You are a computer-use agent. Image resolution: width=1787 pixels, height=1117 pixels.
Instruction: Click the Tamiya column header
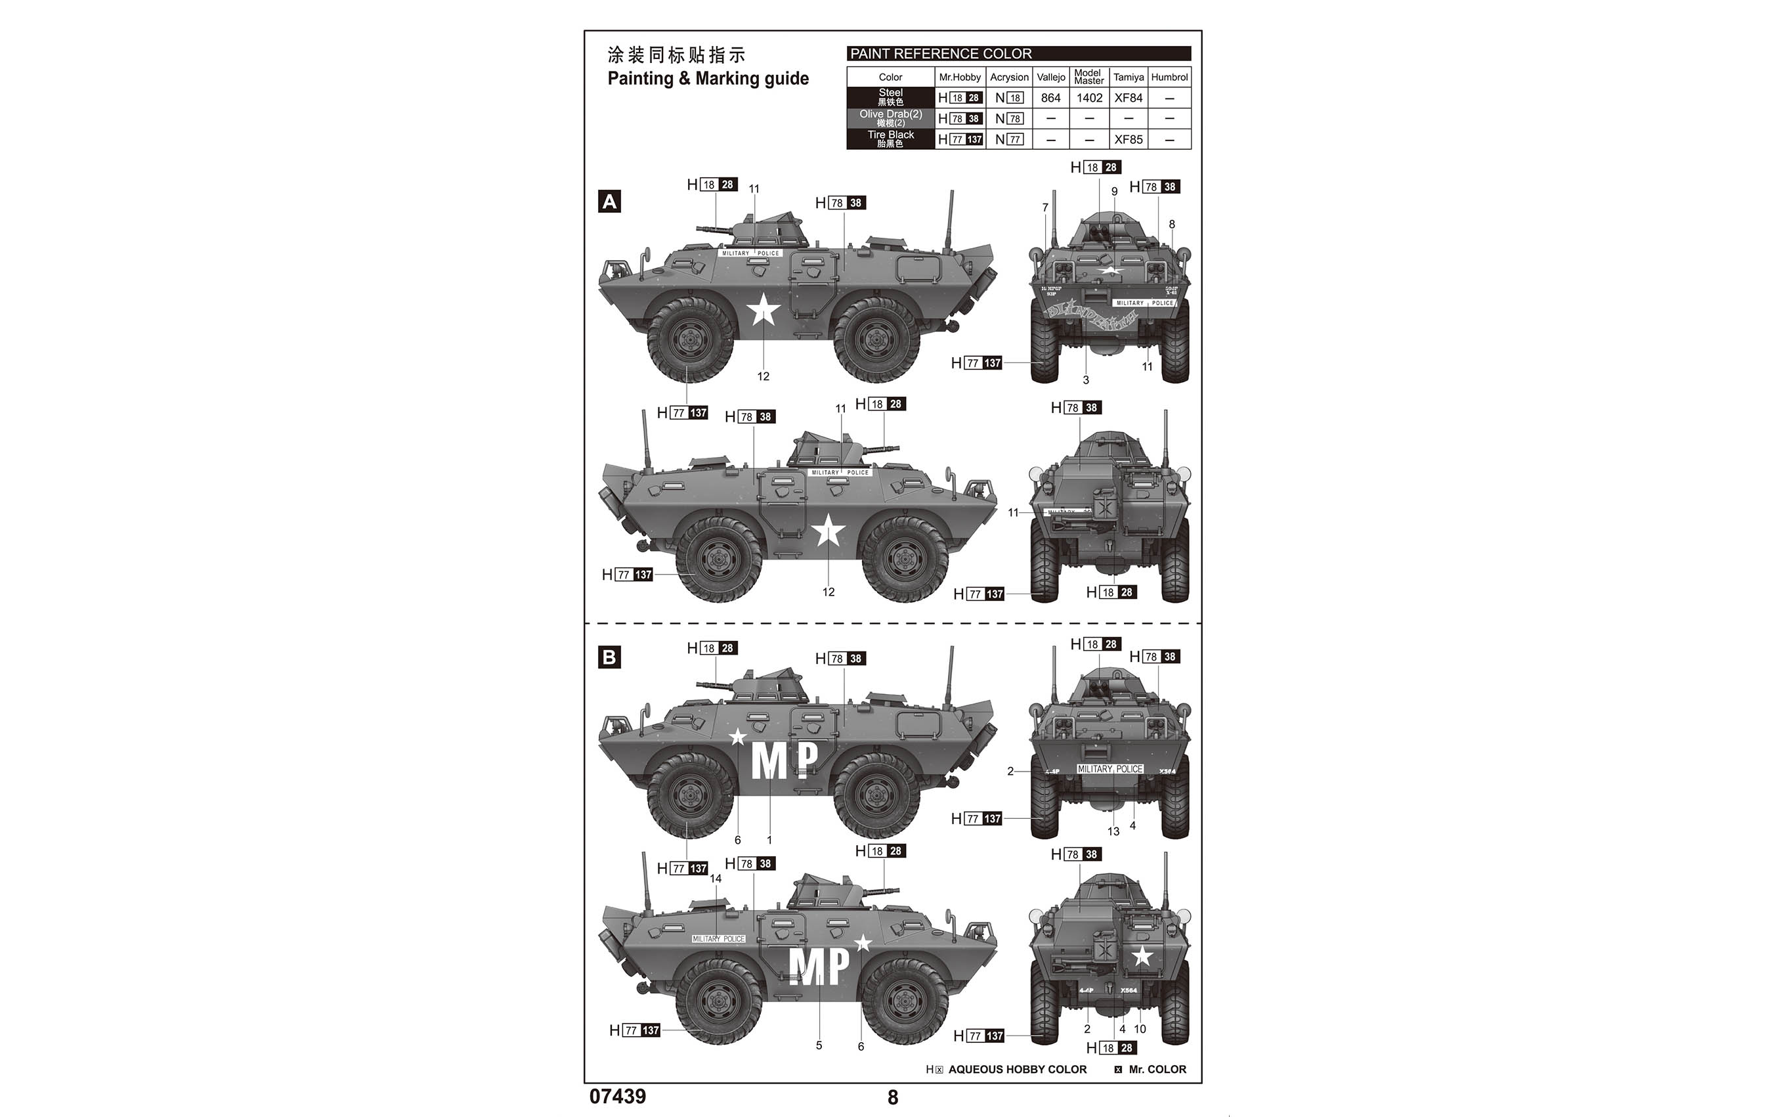[1129, 77]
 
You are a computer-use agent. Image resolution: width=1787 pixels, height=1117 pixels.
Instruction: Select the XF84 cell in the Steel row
[1129, 97]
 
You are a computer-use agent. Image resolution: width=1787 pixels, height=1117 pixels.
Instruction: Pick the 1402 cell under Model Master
[1089, 97]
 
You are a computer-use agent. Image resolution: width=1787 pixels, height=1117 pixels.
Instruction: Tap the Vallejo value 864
[1051, 97]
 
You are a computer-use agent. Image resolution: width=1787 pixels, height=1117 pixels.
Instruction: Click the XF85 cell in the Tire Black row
[1129, 139]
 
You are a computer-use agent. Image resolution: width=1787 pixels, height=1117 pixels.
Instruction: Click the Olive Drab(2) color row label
[891, 118]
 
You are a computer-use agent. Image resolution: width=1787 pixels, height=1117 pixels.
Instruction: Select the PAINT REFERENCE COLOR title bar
[1018, 53]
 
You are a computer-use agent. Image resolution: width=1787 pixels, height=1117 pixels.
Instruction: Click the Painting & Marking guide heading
[708, 78]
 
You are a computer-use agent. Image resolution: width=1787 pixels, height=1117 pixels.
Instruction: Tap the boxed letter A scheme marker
[609, 202]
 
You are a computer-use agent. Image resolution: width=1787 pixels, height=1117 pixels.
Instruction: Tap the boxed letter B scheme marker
[609, 657]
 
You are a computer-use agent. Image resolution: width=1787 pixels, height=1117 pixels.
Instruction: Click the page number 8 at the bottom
[893, 1098]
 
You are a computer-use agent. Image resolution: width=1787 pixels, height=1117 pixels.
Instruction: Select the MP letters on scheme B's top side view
[785, 760]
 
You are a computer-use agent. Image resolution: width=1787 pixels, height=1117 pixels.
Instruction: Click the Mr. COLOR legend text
[1157, 1069]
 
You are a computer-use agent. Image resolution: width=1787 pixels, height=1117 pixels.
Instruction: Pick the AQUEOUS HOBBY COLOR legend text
[1017, 1069]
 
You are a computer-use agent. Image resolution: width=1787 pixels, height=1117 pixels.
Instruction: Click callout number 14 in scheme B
[716, 879]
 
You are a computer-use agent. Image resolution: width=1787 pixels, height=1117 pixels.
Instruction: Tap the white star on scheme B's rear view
[1142, 957]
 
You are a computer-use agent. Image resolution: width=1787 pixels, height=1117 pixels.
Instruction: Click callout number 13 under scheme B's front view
[1113, 831]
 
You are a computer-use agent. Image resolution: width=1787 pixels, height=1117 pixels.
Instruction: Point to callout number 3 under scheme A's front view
[1085, 380]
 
